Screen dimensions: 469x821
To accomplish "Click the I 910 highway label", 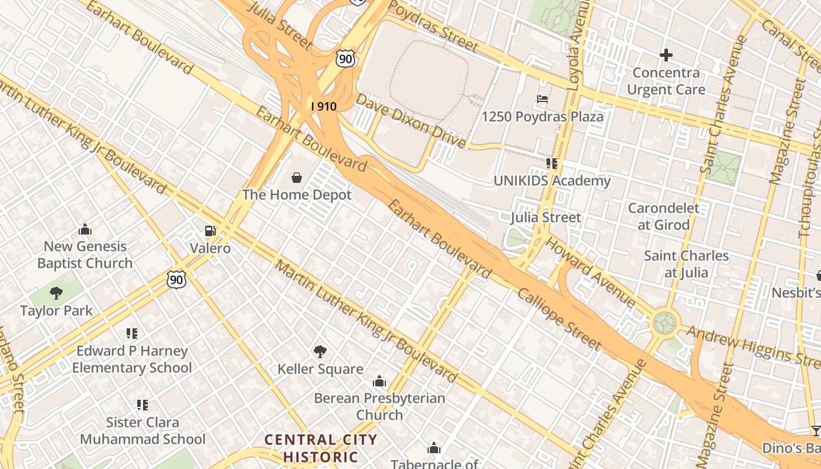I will (x=324, y=106).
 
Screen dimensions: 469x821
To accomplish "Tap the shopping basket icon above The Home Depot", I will (x=297, y=177).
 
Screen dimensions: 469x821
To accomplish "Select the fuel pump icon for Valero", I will (x=210, y=231).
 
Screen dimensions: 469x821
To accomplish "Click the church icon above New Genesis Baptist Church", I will (x=85, y=229).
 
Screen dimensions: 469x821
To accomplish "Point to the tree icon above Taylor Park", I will (x=56, y=293).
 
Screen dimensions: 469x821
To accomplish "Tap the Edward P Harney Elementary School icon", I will (x=132, y=334).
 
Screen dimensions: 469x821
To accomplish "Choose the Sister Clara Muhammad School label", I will (x=143, y=430).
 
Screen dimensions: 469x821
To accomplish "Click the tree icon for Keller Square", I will (x=320, y=351).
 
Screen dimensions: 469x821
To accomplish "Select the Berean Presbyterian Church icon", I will (x=379, y=382).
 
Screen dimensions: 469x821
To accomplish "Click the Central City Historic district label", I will (x=320, y=448).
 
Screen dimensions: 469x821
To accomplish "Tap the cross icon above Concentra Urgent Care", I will (x=666, y=56).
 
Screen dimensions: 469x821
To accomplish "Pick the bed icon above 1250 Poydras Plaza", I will (x=542, y=99).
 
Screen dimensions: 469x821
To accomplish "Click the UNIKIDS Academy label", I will (x=552, y=181).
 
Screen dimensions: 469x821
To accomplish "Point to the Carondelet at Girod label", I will (x=663, y=216).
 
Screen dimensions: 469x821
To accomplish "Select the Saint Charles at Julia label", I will (x=686, y=264).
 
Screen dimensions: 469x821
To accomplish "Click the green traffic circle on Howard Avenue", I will (x=664, y=322).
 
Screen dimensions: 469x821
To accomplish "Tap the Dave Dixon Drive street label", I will (x=410, y=121).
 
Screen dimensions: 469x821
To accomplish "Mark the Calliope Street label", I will (x=558, y=319).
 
